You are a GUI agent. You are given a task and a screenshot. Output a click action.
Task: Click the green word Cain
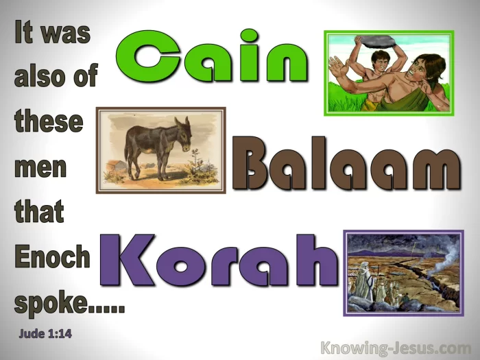212,56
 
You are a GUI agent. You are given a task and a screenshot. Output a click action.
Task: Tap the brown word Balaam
346,164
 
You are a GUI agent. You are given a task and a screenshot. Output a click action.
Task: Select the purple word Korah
219,260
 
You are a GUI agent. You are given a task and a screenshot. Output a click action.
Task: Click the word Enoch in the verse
52,256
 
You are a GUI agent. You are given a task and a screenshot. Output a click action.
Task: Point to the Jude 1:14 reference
45,333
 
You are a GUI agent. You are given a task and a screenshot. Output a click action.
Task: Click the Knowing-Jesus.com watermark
396,348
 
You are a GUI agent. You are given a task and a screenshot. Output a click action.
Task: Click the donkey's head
183,134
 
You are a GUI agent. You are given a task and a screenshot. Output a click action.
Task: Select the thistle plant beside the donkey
196,165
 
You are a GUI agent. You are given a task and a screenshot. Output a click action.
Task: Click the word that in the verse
39,211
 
